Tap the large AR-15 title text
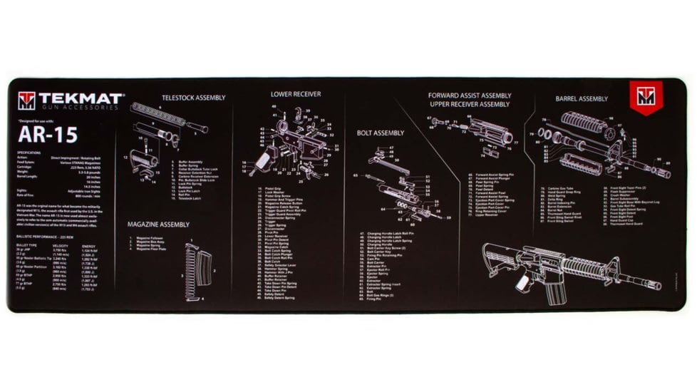(48, 135)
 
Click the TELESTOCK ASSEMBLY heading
(193, 98)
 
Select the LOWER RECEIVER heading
(295, 94)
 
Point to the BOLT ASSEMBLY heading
(380, 133)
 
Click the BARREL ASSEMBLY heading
(582, 99)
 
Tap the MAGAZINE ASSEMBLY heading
(158, 224)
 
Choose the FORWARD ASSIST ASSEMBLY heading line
(470, 95)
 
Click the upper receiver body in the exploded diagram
(492, 135)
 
